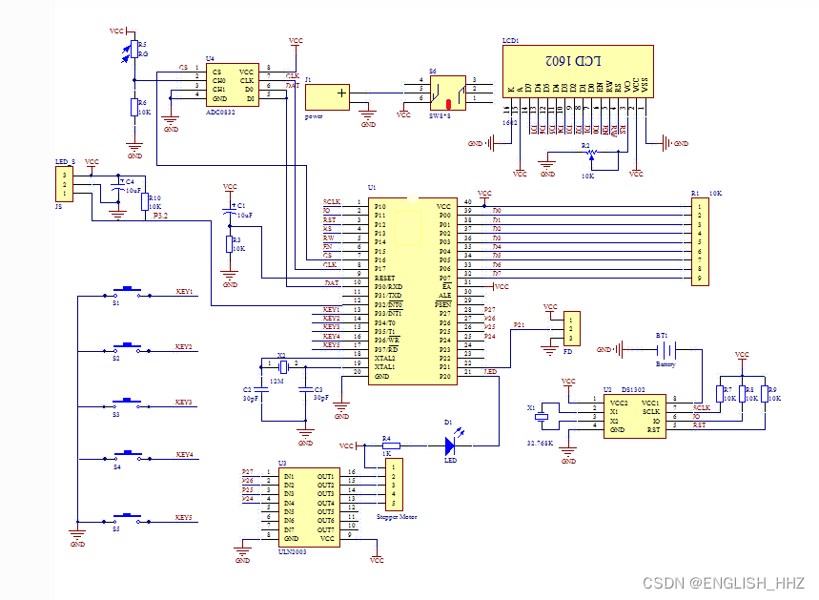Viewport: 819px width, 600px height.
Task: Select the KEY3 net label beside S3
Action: [x=185, y=403]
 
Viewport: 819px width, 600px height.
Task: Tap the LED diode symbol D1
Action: [x=452, y=445]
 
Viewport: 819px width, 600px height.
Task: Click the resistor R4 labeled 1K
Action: [x=386, y=445]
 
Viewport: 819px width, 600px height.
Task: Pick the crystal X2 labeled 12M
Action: [x=282, y=365]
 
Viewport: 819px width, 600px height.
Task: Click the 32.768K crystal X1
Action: [x=542, y=415]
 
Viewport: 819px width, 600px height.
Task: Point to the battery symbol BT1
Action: [x=665, y=350]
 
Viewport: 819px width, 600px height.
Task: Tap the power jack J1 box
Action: [x=327, y=97]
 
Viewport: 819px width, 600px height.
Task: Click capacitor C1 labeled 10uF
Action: [x=230, y=209]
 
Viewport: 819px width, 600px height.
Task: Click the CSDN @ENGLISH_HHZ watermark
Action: [x=725, y=582]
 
